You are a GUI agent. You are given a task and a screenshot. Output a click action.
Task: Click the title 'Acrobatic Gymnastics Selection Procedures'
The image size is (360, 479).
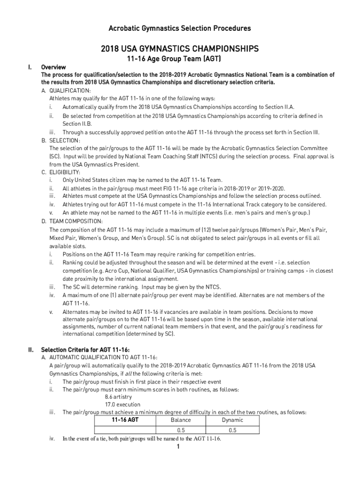pos(180,29)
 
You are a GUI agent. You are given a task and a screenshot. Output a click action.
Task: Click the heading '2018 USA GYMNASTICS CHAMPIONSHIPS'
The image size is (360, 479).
pos(180,49)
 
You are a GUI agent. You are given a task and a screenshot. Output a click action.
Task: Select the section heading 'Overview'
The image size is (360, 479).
pos(53,67)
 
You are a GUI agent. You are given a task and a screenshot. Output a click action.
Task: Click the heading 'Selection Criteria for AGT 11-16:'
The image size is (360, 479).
pos(85,349)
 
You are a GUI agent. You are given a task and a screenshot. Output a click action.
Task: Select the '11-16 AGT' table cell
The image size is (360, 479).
pos(124,420)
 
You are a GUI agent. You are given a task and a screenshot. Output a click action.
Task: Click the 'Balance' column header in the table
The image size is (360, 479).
pos(181,420)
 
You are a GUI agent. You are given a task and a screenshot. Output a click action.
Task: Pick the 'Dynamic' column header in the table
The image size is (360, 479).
pos(232,420)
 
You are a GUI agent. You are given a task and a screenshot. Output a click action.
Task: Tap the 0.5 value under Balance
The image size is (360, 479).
pos(181,430)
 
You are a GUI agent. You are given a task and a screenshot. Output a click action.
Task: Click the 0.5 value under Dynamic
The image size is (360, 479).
pos(232,430)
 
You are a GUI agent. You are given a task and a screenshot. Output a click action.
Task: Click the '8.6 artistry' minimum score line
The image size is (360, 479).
pos(119,397)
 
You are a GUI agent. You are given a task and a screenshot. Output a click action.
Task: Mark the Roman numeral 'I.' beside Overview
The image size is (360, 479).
pos(30,67)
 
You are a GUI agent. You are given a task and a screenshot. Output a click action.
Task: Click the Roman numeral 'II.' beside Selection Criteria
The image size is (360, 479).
pos(30,349)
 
